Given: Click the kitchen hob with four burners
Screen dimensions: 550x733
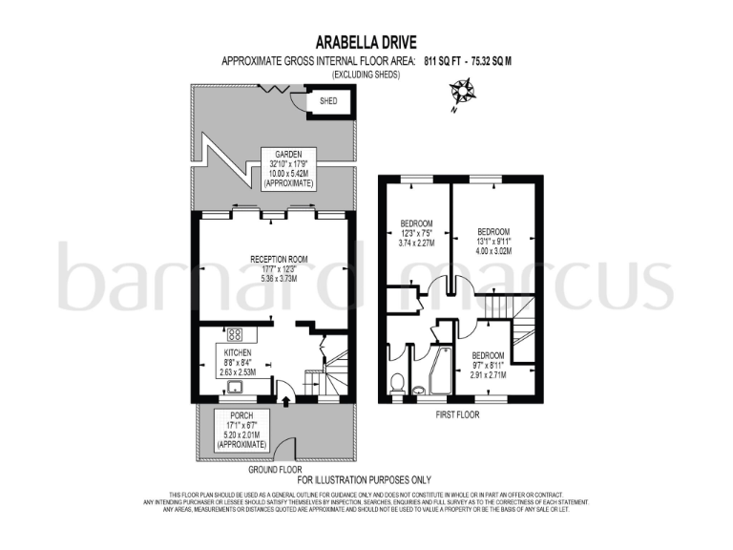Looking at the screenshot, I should coord(234,335).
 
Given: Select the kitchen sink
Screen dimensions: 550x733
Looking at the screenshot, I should coord(232,385).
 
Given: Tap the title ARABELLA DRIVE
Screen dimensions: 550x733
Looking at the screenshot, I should coord(366,42).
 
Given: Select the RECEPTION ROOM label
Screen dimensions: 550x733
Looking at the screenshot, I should coord(278,258).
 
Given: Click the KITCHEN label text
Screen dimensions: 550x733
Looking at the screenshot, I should coord(238,352).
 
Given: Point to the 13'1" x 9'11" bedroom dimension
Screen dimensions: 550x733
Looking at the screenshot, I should coord(493,242).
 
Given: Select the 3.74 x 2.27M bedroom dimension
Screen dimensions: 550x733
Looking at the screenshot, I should coord(416,243).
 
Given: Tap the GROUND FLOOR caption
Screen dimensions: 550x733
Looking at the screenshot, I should coord(275,470).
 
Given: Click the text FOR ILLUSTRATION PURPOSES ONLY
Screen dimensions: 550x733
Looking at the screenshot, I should coord(366,479).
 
